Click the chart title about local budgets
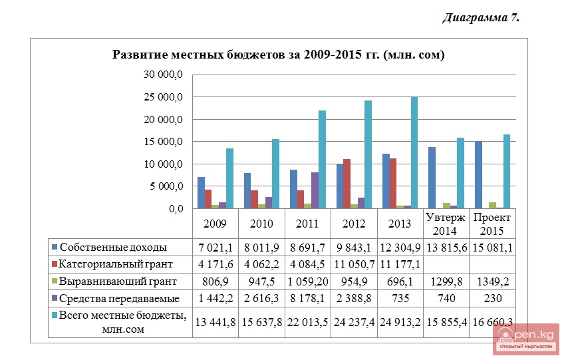tap(278, 55)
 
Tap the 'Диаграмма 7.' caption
tap(481, 18)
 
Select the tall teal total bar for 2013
tap(414, 152)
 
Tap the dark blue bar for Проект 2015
tap(478, 174)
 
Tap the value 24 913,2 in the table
tap(401, 322)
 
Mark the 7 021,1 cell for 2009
tap(215, 248)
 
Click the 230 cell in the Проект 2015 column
tap(493, 299)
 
